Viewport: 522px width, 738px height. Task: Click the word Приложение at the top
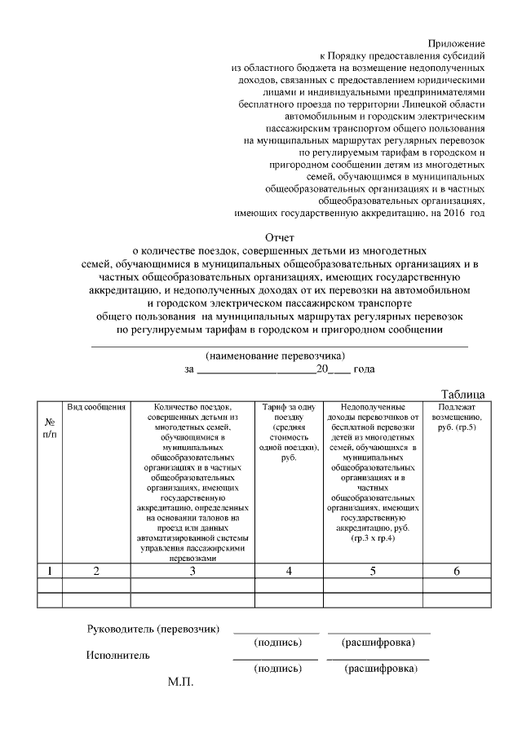[457, 42]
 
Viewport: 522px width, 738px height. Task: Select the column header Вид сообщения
[96, 407]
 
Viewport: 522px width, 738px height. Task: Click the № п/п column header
[50, 427]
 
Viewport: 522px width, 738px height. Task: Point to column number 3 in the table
[192, 571]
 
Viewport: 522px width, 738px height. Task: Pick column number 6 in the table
[457, 571]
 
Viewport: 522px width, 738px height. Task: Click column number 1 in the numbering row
[50, 571]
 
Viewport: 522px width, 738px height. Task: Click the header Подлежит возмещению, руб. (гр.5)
[457, 417]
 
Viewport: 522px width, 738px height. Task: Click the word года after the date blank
[364, 369]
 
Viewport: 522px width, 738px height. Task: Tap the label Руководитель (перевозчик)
[154, 629]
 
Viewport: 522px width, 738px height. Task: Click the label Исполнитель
[118, 655]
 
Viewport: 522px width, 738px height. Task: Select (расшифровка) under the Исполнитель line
[381, 669]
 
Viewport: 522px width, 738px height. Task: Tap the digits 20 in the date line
[321, 369]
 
